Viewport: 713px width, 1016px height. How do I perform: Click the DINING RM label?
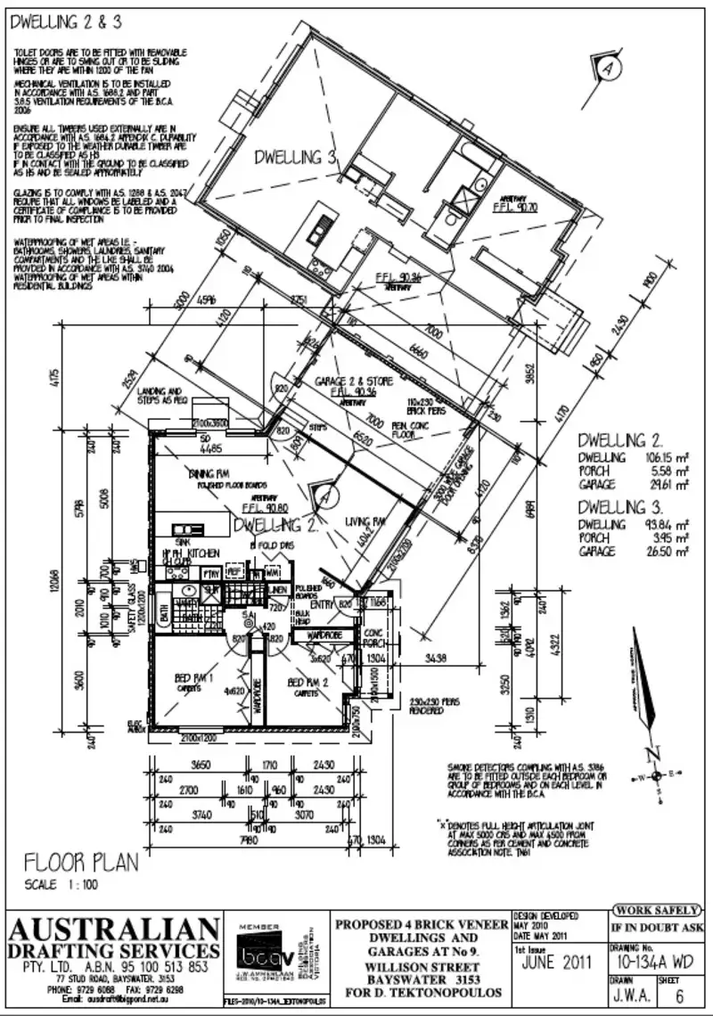(x=209, y=473)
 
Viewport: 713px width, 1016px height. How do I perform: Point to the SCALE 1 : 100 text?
(x=61, y=885)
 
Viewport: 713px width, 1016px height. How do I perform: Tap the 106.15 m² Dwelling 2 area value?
(x=663, y=458)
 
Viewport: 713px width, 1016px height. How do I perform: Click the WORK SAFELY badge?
(x=653, y=910)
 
